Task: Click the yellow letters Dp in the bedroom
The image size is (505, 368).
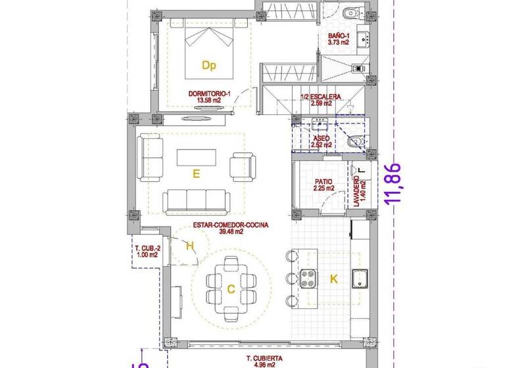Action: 209,65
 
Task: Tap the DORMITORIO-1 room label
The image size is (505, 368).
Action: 210,94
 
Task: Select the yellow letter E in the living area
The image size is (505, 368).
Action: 196,173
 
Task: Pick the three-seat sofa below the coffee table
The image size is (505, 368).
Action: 196,201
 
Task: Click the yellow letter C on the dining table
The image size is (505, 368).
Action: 231,288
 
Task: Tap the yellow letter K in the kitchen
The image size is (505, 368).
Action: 333,279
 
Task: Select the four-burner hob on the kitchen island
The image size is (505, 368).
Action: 309,279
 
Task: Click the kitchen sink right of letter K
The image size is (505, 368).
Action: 358,279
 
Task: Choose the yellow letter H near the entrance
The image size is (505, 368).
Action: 190,246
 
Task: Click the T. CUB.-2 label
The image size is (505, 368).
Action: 147,248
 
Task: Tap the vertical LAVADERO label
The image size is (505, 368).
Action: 356,191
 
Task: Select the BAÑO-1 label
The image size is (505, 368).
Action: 339,35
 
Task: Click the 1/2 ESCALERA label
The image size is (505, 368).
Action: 321,97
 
